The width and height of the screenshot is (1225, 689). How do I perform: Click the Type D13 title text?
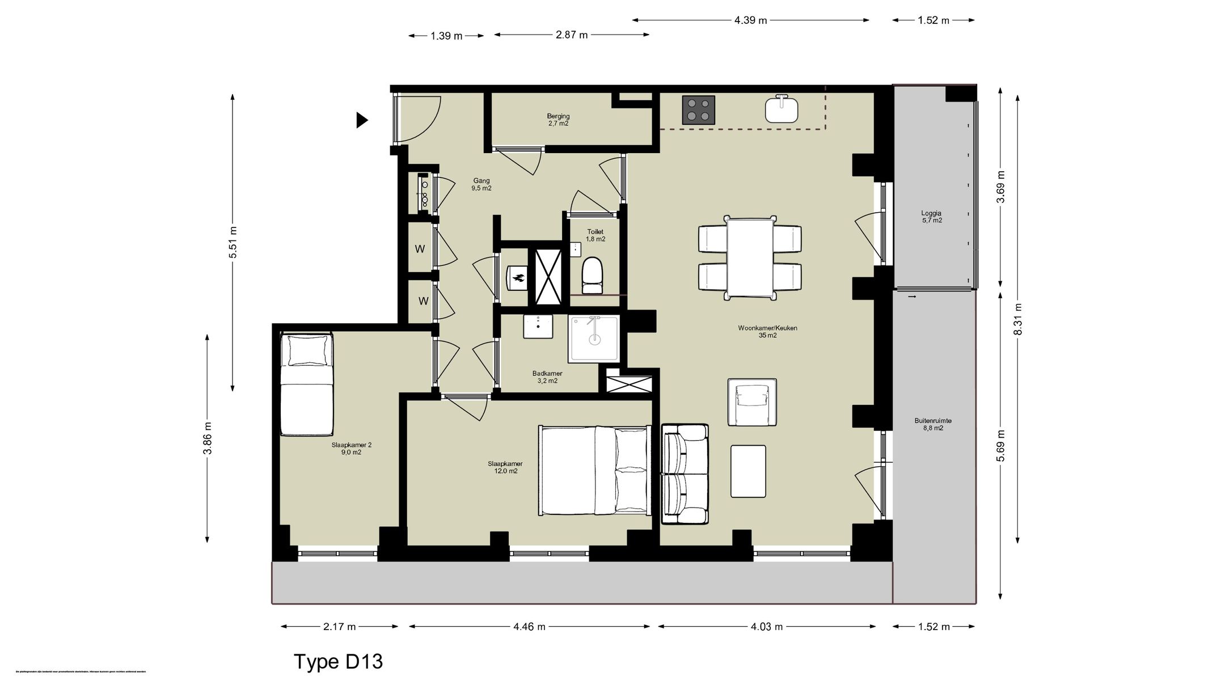(x=338, y=661)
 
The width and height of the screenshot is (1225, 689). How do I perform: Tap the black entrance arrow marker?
(x=361, y=120)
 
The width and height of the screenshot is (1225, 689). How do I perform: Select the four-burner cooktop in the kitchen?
(x=698, y=110)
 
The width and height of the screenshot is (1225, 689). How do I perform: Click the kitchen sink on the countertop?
(x=782, y=110)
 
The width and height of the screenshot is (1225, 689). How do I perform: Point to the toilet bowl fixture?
(x=593, y=275)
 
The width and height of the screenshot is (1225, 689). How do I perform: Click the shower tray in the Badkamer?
(x=594, y=339)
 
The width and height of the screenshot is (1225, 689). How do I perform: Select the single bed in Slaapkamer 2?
(x=306, y=386)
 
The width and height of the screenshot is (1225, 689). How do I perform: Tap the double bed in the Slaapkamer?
(x=593, y=471)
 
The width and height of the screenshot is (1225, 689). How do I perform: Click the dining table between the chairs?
(x=750, y=258)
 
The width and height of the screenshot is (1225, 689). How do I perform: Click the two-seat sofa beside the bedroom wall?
(x=685, y=474)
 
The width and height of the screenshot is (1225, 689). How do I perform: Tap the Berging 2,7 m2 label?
(x=558, y=120)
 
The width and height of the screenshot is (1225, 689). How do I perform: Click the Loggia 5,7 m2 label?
(x=931, y=217)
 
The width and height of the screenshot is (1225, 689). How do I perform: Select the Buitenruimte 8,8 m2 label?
(x=932, y=424)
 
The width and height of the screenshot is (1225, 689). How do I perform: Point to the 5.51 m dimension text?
(x=233, y=242)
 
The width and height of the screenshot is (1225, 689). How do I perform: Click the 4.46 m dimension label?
(x=529, y=627)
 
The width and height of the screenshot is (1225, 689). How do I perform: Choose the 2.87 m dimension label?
(x=572, y=35)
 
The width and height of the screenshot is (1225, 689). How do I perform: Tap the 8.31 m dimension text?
(x=1017, y=319)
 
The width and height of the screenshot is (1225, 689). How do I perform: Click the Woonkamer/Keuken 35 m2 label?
(x=767, y=331)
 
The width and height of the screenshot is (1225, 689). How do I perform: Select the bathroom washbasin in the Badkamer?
(x=538, y=327)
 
